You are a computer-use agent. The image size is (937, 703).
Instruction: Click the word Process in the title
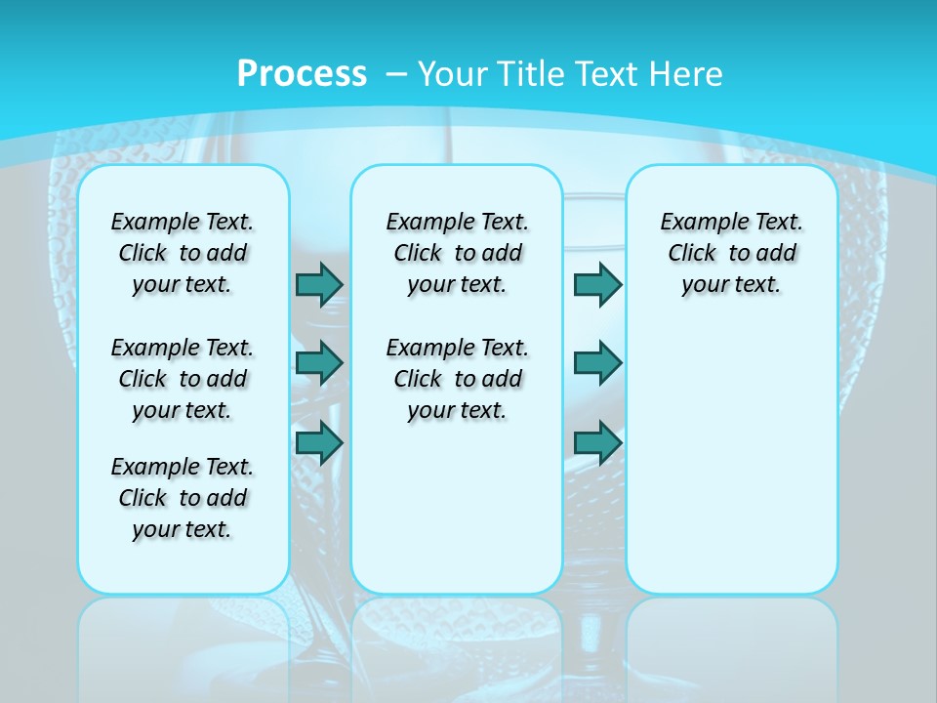coord(302,73)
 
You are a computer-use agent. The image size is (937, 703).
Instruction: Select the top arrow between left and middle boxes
coord(319,284)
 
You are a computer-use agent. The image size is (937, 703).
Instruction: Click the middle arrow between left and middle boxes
coord(319,363)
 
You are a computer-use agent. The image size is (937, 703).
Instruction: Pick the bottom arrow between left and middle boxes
coord(319,443)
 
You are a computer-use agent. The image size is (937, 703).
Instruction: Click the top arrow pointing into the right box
coord(597,284)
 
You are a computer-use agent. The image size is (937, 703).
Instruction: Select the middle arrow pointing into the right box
coord(597,363)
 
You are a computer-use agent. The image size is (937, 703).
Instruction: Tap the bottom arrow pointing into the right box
coord(597,443)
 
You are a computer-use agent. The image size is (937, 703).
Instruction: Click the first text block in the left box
coord(183,253)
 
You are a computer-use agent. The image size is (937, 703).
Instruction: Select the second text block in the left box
coord(183,379)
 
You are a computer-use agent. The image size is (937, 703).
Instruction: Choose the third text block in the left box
coord(183,498)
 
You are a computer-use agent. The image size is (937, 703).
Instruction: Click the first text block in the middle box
coord(457,253)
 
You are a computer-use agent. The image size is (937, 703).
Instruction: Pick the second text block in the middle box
coord(457,379)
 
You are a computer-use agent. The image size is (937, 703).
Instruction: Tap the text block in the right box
coord(731,253)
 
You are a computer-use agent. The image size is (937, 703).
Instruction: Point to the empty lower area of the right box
coord(731,459)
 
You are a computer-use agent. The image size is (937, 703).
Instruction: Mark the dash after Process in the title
coord(396,73)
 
